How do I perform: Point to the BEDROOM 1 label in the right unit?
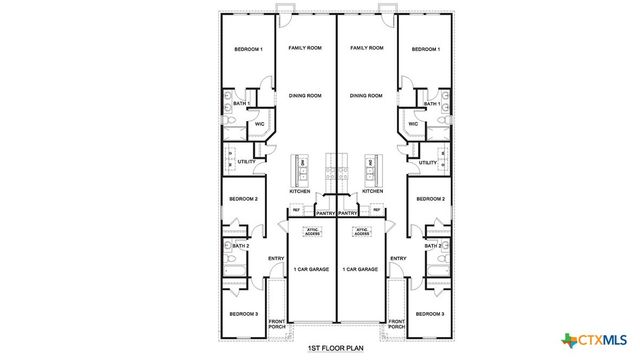click(424, 49)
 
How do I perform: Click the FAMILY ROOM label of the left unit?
click(305, 48)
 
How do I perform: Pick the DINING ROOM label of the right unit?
click(366, 96)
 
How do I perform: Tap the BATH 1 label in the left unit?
click(240, 104)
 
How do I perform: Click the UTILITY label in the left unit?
click(243, 162)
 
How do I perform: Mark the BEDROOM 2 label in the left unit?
click(244, 199)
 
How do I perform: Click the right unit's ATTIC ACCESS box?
click(362, 231)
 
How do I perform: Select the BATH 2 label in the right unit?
click(432, 246)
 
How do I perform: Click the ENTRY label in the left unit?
click(276, 260)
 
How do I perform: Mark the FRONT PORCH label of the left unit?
click(275, 324)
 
